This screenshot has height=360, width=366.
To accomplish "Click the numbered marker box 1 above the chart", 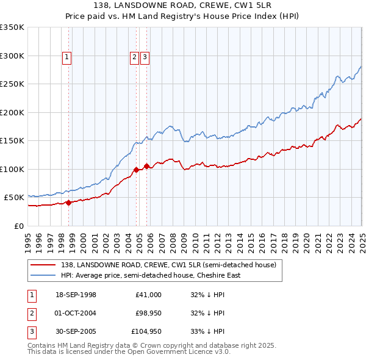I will click(66, 58).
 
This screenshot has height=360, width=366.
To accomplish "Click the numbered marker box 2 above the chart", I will click(134, 58).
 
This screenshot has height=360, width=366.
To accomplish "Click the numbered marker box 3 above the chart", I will click(145, 58).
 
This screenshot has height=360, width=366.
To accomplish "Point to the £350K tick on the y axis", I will click(12, 27).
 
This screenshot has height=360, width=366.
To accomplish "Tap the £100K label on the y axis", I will click(12, 169).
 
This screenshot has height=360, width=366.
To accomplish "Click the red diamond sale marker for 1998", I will click(69, 203).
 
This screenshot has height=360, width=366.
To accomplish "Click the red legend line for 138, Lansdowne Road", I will click(44, 265).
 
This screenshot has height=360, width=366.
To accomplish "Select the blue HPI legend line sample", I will click(44, 275).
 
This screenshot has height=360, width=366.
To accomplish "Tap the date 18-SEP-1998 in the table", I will click(76, 295).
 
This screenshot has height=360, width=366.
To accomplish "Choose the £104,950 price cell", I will click(146, 331).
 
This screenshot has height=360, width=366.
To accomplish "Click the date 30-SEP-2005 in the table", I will click(76, 331).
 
